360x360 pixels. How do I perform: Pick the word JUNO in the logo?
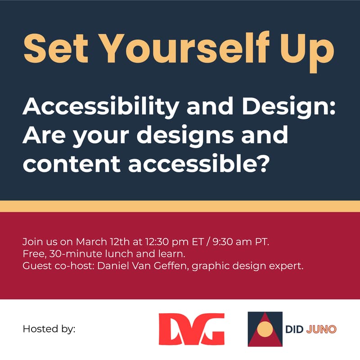(x=321, y=329)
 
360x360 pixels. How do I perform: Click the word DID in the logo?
(x=295, y=329)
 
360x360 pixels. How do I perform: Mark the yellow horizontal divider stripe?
(x=180, y=206)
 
